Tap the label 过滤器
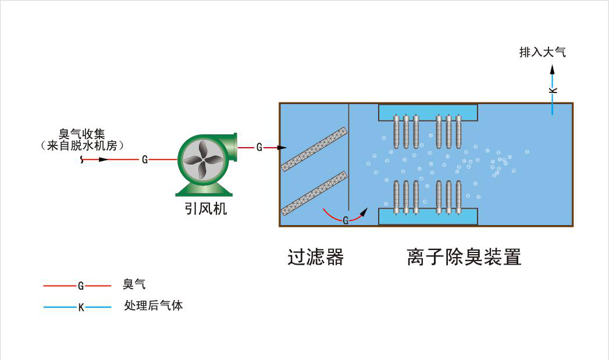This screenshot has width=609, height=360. (315, 256)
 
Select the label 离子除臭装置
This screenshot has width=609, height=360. (464, 256)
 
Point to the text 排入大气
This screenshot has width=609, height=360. (542, 52)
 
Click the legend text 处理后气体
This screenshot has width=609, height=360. (154, 305)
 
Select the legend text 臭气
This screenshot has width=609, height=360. (134, 284)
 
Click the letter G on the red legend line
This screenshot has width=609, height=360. (81, 286)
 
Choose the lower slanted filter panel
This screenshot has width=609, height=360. (314, 193)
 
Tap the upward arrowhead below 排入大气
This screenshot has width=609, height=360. (553, 69)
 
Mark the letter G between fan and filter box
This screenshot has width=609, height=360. (259, 147)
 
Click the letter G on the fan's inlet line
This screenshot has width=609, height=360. (144, 159)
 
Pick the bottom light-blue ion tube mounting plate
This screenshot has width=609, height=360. (428, 218)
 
